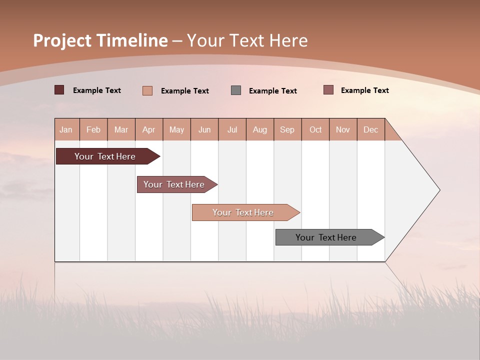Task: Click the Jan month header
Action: (66, 129)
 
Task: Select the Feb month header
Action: (93, 129)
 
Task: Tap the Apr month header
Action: (148, 129)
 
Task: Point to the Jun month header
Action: (204, 129)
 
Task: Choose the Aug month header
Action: (260, 129)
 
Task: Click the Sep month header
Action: (287, 129)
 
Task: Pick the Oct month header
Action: (315, 129)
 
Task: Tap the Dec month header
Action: (371, 129)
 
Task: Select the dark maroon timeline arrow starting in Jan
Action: (105, 156)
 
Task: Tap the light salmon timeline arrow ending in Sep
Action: (243, 212)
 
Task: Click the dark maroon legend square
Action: (59, 90)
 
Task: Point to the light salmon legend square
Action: (147, 90)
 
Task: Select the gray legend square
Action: (236, 90)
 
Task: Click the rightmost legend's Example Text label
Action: (364, 90)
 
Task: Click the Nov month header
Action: (343, 129)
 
